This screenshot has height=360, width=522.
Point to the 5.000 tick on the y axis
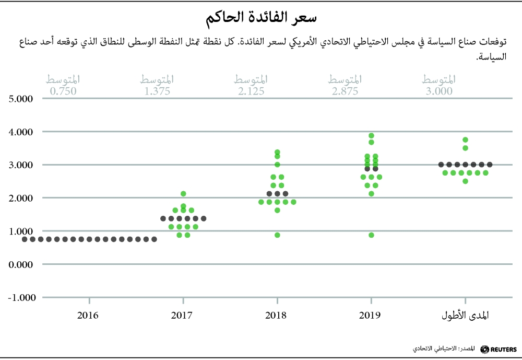click(x=20, y=99)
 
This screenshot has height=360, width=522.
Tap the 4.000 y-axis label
click(x=20, y=132)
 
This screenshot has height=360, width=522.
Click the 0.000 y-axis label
click(x=20, y=264)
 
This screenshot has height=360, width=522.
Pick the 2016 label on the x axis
click(x=89, y=316)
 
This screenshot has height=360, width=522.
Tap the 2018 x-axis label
click(x=277, y=316)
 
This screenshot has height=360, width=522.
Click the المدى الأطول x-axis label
click(x=465, y=316)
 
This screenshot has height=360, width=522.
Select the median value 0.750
click(x=63, y=91)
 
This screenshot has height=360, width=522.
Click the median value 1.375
click(x=157, y=91)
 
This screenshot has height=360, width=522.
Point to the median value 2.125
click(x=251, y=91)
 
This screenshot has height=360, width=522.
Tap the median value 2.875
click(x=345, y=91)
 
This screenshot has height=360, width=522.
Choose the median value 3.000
click(x=439, y=91)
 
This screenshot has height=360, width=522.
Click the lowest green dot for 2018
click(x=277, y=235)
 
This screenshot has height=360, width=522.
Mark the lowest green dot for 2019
click(x=371, y=235)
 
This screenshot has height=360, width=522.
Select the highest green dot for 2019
click(x=371, y=136)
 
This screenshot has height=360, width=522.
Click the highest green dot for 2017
click(x=183, y=194)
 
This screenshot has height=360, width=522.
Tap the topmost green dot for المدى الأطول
click(x=465, y=140)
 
